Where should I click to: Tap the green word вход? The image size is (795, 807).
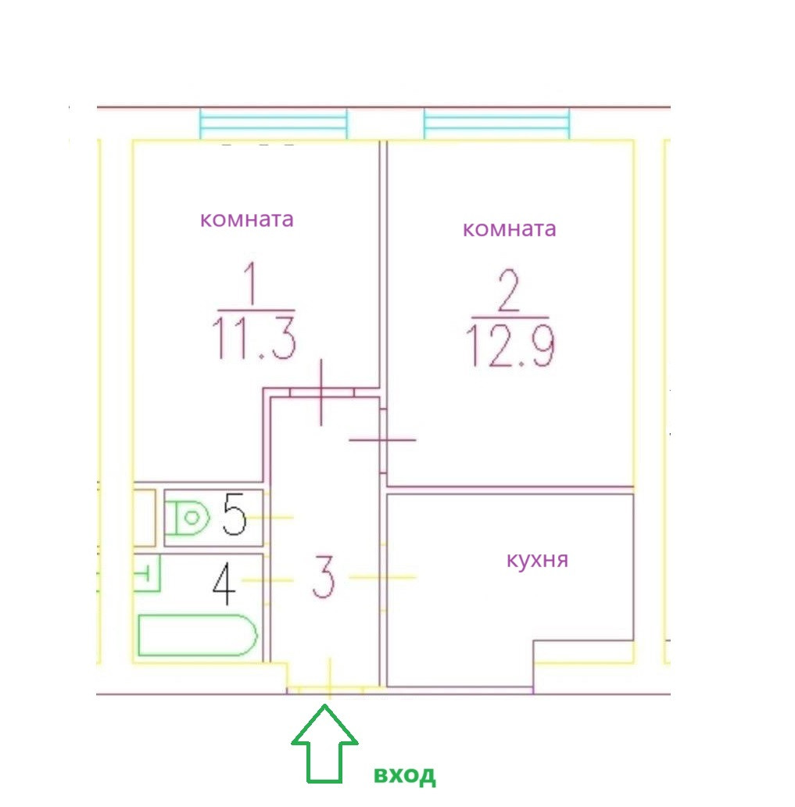pyautogui.click(x=404, y=776)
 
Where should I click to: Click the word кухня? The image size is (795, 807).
pyautogui.click(x=537, y=561)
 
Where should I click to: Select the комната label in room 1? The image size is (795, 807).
pyautogui.click(x=247, y=220)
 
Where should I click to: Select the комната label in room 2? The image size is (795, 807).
pyautogui.click(x=510, y=229)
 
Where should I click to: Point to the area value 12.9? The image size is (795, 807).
pyautogui.click(x=510, y=347)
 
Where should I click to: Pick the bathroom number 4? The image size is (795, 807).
pyautogui.click(x=224, y=586)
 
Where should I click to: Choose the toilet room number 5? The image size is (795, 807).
pyautogui.click(x=235, y=514)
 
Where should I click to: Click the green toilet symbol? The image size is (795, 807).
pyautogui.click(x=188, y=518)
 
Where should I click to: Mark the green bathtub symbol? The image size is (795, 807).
pyautogui.click(x=197, y=635)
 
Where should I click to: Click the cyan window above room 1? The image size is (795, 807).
pyautogui.click(x=273, y=124)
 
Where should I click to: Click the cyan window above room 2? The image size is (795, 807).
pyautogui.click(x=496, y=124)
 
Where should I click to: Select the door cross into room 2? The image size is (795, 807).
pyautogui.click(x=382, y=441)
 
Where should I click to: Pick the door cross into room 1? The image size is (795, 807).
pyautogui.click(x=321, y=392)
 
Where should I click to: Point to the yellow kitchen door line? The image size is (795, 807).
pyautogui.click(x=382, y=577)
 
